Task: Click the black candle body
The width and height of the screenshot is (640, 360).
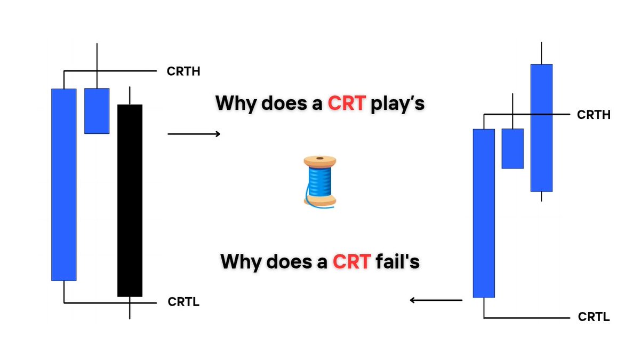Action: [x=130, y=200]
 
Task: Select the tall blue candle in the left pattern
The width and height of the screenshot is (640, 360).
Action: [x=63, y=184]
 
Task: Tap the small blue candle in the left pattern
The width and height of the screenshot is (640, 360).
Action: [x=97, y=111]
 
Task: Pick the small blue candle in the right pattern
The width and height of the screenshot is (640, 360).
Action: [x=513, y=148]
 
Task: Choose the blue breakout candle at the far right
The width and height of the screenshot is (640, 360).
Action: [x=541, y=127]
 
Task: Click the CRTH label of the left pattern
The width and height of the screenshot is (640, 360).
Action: [x=183, y=71]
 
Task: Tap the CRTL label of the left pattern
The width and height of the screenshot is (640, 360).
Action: [x=183, y=302]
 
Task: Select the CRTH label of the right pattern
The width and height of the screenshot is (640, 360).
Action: [x=594, y=115]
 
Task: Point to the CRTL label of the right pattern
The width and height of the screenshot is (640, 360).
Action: [x=594, y=317]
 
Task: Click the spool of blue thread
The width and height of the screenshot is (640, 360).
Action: [x=319, y=180]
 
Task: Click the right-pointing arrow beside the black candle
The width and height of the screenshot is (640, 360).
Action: [x=194, y=134]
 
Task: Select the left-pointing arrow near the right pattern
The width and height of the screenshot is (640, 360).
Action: [x=436, y=300]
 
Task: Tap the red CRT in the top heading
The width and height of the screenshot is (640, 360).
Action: [x=346, y=102]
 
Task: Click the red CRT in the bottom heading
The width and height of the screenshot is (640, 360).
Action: [x=351, y=262]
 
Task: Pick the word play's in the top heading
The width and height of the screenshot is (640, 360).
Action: [x=398, y=103]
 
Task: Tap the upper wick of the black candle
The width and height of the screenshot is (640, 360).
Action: [x=130, y=96]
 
